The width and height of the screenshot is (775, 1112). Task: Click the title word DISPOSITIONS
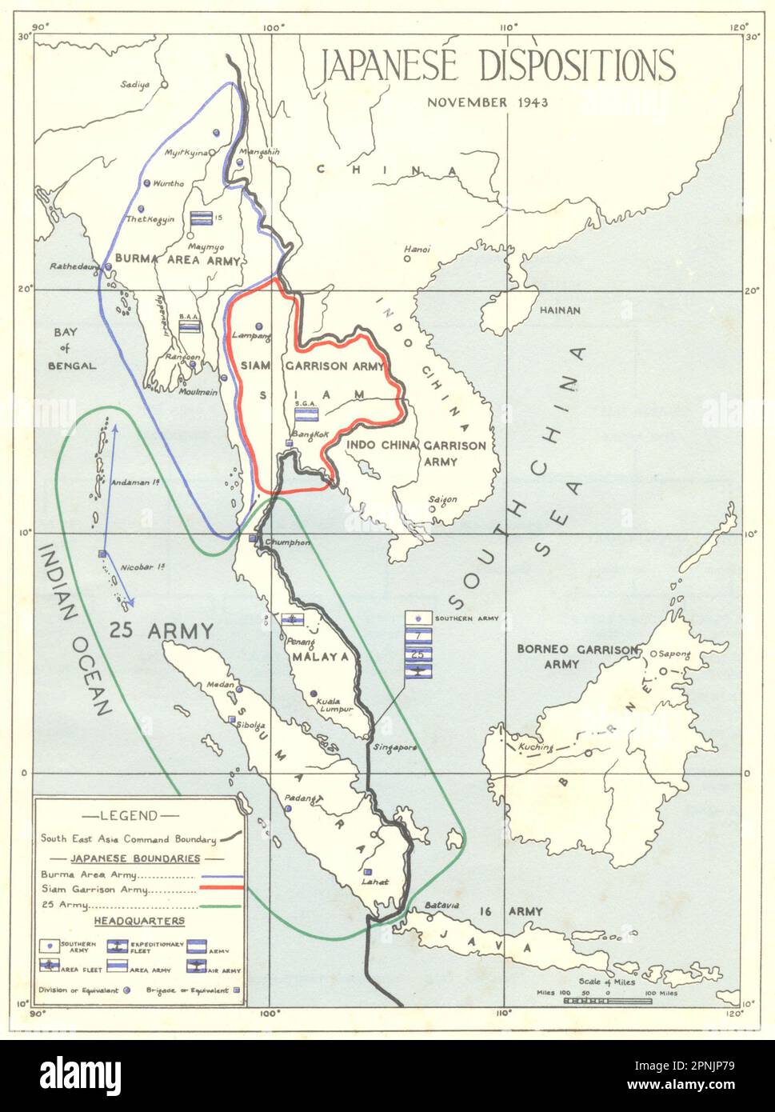click(x=577, y=66)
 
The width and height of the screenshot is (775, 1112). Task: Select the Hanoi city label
click(x=417, y=249)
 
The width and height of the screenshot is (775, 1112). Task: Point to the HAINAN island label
click(x=561, y=310)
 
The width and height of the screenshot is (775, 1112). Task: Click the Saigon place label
click(x=443, y=499)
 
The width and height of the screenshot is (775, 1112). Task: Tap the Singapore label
click(x=393, y=747)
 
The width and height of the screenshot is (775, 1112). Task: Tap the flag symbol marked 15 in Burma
click(x=201, y=218)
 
